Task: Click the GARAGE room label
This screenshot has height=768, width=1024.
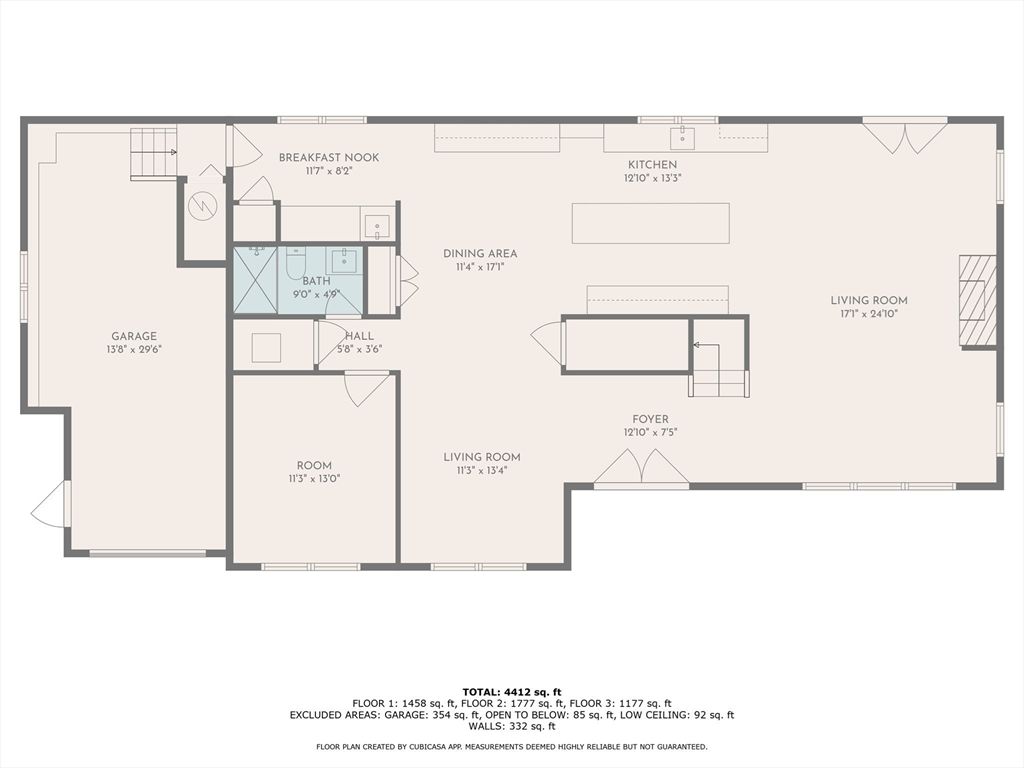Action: (x=133, y=336)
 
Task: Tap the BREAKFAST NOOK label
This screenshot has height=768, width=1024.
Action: (x=328, y=158)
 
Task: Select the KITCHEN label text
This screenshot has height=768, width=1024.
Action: (x=652, y=165)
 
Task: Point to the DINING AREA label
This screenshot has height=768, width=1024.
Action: (x=480, y=254)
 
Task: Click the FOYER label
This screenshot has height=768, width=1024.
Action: (x=650, y=419)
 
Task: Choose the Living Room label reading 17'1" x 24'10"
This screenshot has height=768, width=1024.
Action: (x=868, y=300)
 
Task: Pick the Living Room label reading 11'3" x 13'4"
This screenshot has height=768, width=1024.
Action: (x=482, y=457)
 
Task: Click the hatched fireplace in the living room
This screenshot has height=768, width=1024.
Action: (x=977, y=301)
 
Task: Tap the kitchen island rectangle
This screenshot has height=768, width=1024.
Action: (x=650, y=223)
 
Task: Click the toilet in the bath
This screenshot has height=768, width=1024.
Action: (x=295, y=263)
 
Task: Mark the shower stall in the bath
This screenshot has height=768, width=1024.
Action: (x=254, y=280)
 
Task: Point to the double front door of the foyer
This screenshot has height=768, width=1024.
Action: (x=641, y=468)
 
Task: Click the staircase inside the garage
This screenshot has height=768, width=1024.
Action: (x=153, y=153)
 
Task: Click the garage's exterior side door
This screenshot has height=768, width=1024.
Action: (x=52, y=505)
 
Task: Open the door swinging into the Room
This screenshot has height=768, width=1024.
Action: (x=367, y=389)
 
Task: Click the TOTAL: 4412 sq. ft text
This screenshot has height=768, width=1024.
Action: (x=511, y=692)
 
